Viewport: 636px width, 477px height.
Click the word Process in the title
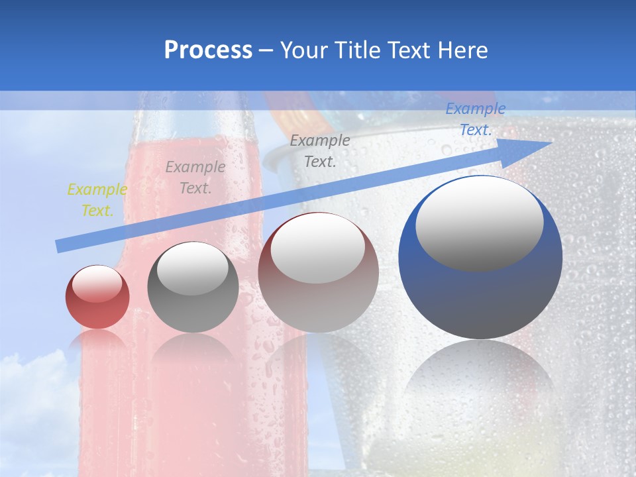(208, 50)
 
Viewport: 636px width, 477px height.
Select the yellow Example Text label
(97, 200)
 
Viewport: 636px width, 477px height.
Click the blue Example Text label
(475, 119)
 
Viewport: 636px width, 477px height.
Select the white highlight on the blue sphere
(479, 224)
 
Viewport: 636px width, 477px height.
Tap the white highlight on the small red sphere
(97, 283)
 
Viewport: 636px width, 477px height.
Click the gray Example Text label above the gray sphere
(195, 178)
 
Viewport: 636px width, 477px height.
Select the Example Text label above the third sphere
(320, 150)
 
